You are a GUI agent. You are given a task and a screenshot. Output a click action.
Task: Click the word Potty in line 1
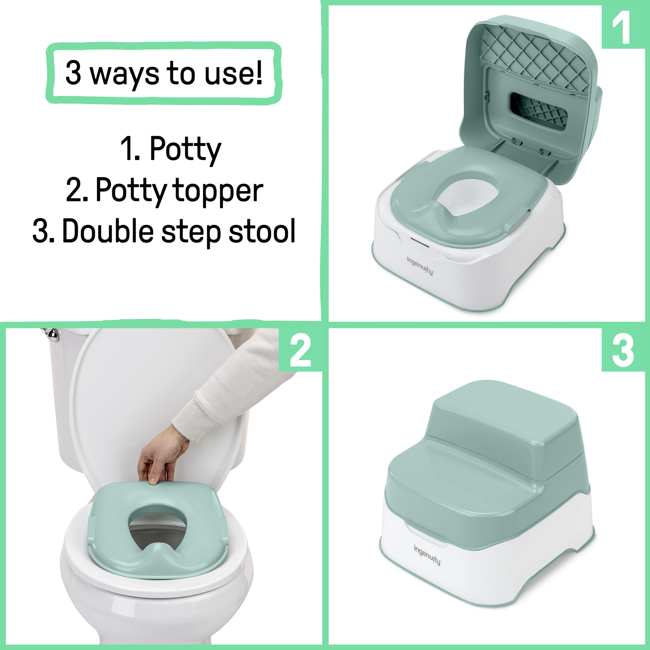coord(185,149)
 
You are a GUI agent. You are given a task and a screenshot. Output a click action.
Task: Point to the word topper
coord(218,191)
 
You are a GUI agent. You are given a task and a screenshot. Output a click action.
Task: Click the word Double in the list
coord(108,232)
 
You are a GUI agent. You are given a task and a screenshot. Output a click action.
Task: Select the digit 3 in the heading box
coord(73,73)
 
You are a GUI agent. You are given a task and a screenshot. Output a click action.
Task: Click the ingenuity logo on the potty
coord(420,266)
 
